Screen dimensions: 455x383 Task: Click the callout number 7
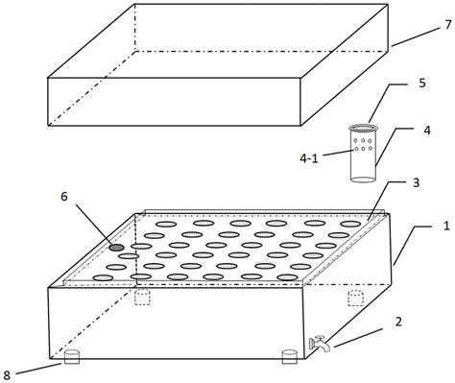tap(447, 25)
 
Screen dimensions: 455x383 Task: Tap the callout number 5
tap(422, 83)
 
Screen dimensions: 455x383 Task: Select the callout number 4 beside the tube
tap(427, 131)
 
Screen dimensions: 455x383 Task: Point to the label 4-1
tap(309, 158)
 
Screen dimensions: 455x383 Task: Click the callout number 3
tap(416, 182)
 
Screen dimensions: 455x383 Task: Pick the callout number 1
tap(446, 227)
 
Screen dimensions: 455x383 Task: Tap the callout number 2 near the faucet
tap(398, 322)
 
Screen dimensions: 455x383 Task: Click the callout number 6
tap(64, 197)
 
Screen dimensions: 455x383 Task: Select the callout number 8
tap(7, 376)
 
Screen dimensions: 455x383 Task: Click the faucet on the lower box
tap(319, 344)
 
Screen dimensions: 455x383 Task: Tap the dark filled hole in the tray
tap(116, 248)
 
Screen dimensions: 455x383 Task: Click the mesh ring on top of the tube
tap(363, 129)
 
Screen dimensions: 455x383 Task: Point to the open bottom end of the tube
tap(363, 180)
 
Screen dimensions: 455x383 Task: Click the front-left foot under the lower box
tap(72, 357)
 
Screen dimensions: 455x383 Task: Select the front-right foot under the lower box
tap(289, 357)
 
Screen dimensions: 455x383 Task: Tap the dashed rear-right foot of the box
tap(355, 298)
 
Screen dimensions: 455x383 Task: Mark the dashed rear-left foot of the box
tap(142, 297)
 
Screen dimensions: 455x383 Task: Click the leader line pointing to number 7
tap(416, 37)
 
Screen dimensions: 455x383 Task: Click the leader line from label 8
tap(38, 369)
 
